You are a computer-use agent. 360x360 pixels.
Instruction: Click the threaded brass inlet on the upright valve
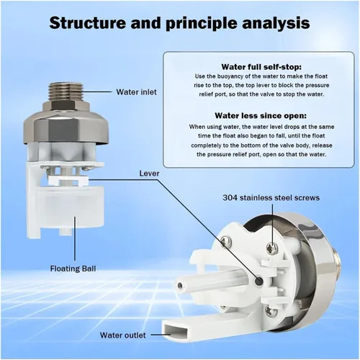pyautogui.click(x=70, y=94)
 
